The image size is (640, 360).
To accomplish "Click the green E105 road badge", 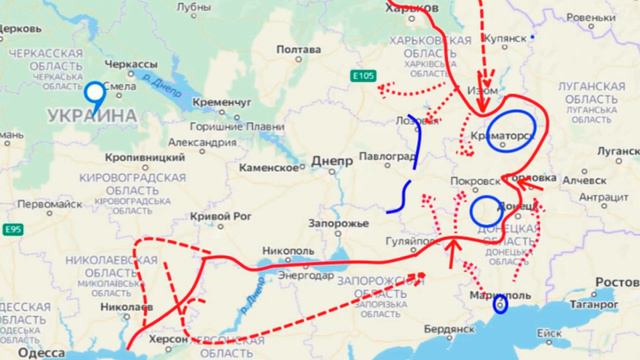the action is [x=364, y=75].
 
